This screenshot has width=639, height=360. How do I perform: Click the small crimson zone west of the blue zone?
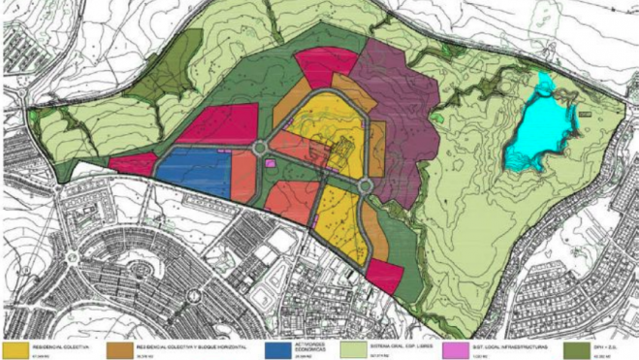133,163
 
